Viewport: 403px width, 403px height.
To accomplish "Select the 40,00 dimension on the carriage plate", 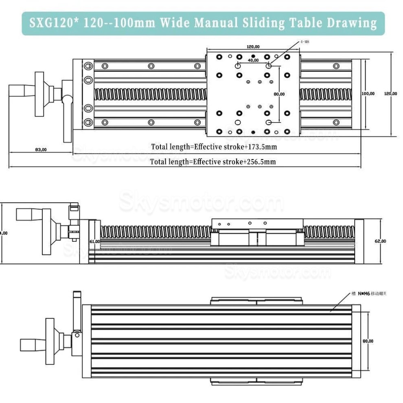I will pyautogui.click(x=253, y=60).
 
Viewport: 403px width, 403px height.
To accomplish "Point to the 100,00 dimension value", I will pyautogui.click(x=368, y=93).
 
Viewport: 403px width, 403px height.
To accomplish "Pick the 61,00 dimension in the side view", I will pyautogui.click(x=94, y=241).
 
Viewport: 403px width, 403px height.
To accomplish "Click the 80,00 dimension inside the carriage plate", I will pyautogui.click(x=279, y=94).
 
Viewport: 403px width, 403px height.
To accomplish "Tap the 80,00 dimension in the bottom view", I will pyautogui.click(x=368, y=341).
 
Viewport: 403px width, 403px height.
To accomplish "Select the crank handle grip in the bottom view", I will pyautogui.click(x=32, y=344).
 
